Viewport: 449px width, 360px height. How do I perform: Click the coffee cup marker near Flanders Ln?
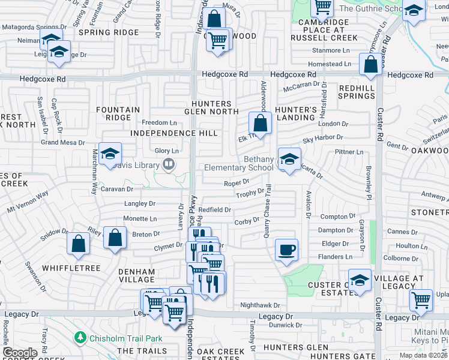pos(286,249)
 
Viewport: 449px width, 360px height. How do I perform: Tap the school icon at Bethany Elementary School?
pos(289,160)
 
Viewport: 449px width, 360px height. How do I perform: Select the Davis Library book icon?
pos(170,164)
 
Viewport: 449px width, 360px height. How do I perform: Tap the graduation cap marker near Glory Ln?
pos(110,155)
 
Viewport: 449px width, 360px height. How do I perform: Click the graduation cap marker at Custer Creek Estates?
pos(360,281)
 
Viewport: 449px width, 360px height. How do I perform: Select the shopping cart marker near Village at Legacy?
pos(421,299)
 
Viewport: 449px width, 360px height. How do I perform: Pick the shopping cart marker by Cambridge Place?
pos(322,7)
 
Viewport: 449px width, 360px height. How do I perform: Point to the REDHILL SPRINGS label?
pos(357,92)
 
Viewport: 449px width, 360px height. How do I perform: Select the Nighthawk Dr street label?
pos(260,305)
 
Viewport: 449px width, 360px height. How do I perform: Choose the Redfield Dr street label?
pos(215,209)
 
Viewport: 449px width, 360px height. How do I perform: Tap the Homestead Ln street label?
pos(330,64)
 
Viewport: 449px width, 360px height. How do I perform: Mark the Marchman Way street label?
pos(94,172)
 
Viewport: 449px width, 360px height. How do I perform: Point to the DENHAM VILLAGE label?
pos(137,275)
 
